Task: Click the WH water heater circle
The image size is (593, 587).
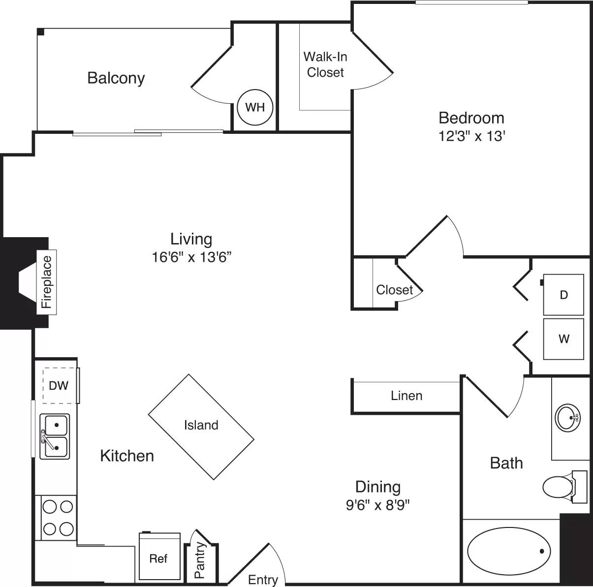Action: [x=255, y=107]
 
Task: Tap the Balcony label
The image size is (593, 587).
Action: [x=116, y=78]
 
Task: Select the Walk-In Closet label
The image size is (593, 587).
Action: [x=325, y=64]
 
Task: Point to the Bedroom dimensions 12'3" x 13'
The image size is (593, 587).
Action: [x=472, y=136]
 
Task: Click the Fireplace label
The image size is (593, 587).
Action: [x=47, y=282]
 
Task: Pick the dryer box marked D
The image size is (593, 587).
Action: [x=563, y=295]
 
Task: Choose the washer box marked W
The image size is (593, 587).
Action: [x=563, y=339]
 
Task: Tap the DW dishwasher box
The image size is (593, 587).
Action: [x=59, y=385]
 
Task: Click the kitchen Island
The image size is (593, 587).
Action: [x=201, y=425]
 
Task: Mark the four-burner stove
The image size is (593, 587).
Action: [x=58, y=517]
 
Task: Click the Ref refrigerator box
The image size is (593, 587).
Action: [x=158, y=558]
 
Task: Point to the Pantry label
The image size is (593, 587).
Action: [x=200, y=560]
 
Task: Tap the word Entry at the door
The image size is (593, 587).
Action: [x=263, y=580]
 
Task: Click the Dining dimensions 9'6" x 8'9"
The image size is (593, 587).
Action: [x=378, y=505]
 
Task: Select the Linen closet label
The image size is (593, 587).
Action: [x=406, y=396]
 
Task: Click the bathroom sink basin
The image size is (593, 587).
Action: [x=567, y=418]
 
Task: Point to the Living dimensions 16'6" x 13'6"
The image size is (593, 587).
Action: [x=191, y=257]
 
